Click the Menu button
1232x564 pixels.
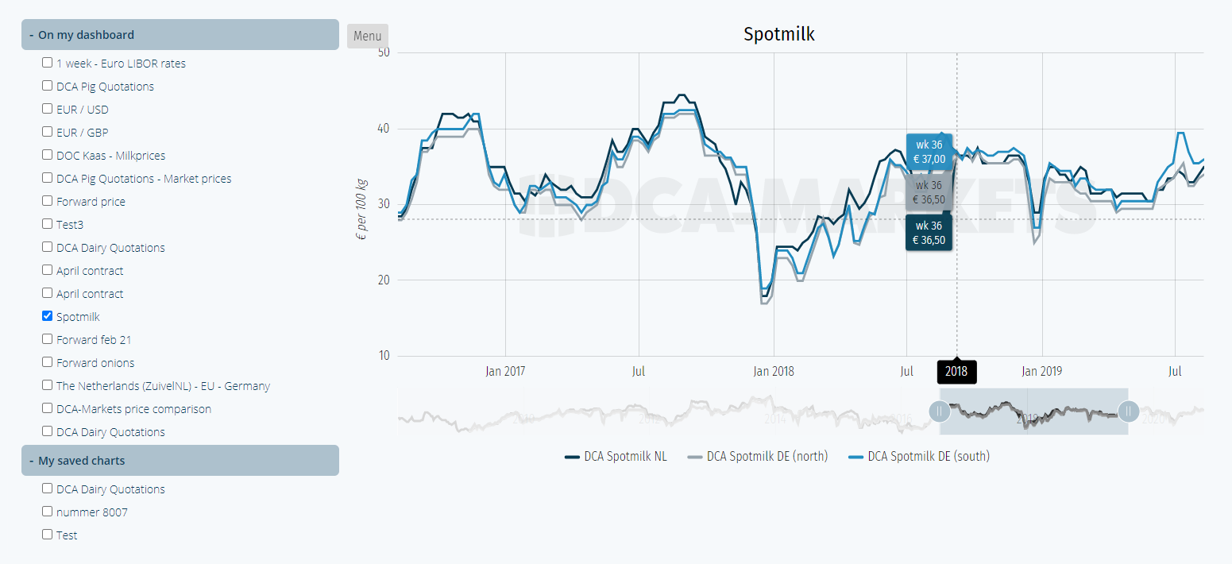pos(367,36)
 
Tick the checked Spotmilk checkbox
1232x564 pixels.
pos(48,316)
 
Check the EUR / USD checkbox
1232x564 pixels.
pos(48,109)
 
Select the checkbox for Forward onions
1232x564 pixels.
pos(48,362)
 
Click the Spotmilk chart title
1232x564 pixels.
pos(778,34)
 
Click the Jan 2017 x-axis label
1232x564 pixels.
pos(505,371)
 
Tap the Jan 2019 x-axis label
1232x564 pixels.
pos(1041,371)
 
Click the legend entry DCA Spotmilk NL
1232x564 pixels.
pos(616,457)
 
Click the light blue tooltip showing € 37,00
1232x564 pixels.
pos(929,152)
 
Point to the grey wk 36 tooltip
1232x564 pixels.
pos(929,193)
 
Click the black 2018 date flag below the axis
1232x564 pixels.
pos(956,372)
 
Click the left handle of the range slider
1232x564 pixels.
pos(940,411)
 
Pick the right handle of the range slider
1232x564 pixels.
pos(1128,411)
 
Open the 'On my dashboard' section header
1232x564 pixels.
pos(180,35)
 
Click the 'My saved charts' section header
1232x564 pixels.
pos(180,461)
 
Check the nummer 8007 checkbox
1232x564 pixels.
pos(48,512)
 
